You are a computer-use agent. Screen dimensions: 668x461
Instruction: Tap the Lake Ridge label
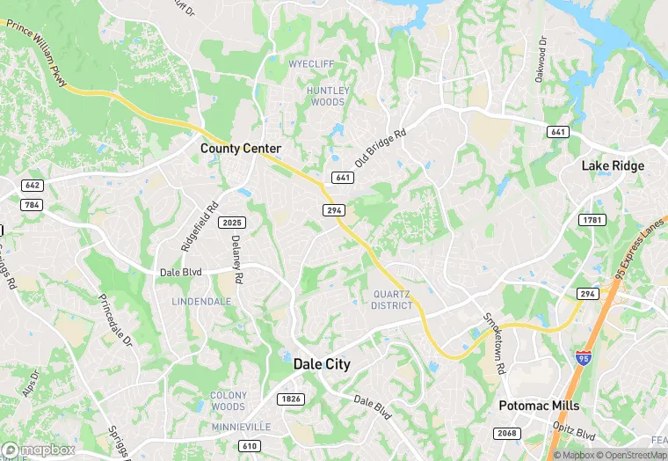coord(613,165)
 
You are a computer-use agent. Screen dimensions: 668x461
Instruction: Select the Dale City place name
coord(321,364)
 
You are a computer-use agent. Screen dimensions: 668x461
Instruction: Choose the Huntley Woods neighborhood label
coord(327,96)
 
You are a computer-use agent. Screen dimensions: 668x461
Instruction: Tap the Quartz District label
coord(392,300)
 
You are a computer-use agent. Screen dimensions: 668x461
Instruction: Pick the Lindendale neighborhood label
coord(201,301)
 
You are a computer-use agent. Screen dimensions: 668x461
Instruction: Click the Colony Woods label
coord(229,401)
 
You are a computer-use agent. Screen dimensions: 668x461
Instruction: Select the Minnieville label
coord(237,427)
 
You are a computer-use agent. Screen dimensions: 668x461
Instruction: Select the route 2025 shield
coord(231,222)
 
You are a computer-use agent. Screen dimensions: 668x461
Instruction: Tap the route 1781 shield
coord(589,219)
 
